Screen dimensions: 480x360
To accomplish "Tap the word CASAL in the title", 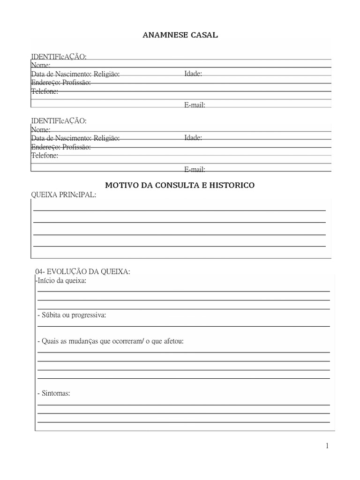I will tap(204, 35).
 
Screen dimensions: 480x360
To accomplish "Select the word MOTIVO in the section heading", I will tap(120, 185).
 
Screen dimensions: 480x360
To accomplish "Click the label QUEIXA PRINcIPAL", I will tap(63, 195).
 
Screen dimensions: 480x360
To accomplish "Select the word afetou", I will tap(172, 341).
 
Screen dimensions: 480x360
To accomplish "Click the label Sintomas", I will tap(55, 393).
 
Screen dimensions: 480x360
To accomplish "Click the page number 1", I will tap(327, 446).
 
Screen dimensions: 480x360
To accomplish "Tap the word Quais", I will tap(50, 341).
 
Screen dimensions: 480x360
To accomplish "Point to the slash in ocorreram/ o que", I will tap(142, 341).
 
